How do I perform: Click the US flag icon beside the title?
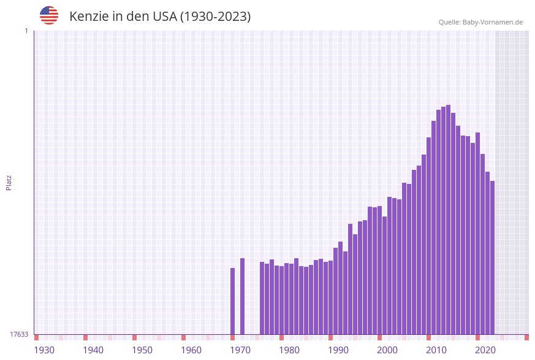(49, 15)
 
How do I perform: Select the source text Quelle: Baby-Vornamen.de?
(480, 22)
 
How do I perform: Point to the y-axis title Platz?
(9, 182)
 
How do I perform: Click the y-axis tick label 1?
(26, 31)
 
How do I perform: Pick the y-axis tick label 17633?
(19, 334)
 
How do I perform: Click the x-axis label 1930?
(44, 350)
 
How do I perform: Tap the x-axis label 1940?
(93, 350)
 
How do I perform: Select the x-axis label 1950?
(142, 350)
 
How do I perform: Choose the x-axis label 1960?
(191, 350)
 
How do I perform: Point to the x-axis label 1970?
(240, 350)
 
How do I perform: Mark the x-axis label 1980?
(289, 350)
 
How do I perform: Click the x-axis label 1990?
(338, 350)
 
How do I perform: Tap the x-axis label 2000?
(387, 350)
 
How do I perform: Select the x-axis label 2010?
(436, 350)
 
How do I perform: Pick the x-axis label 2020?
(485, 350)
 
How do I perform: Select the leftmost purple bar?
(232, 301)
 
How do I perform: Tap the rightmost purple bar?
(492, 258)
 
